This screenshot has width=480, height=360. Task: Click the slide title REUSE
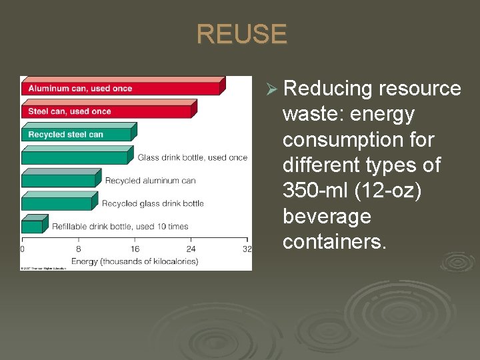click(241, 34)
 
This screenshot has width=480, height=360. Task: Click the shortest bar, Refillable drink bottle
click(33, 226)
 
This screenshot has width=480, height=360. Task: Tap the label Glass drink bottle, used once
click(192, 158)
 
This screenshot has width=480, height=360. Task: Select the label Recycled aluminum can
click(150, 181)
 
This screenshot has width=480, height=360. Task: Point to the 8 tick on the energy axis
click(79, 249)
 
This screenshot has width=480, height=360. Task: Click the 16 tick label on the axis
click(135, 249)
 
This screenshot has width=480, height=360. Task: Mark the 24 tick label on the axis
click(191, 249)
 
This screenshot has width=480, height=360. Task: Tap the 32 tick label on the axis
click(247, 249)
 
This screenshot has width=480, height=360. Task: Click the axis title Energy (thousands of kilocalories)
click(134, 261)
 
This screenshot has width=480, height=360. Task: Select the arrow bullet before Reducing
click(270, 89)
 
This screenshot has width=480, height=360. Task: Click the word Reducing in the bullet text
click(327, 89)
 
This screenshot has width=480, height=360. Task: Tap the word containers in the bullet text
click(333, 241)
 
